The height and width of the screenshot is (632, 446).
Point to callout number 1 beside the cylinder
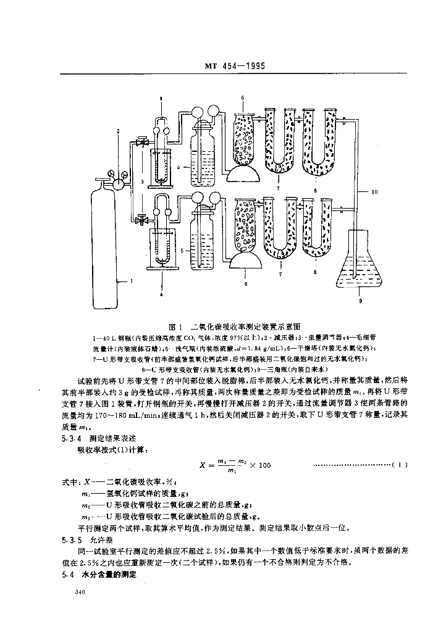132,281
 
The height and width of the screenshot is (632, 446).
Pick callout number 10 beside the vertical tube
374,193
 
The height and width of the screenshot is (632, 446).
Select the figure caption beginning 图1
238,325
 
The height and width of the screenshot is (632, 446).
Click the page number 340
78,592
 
